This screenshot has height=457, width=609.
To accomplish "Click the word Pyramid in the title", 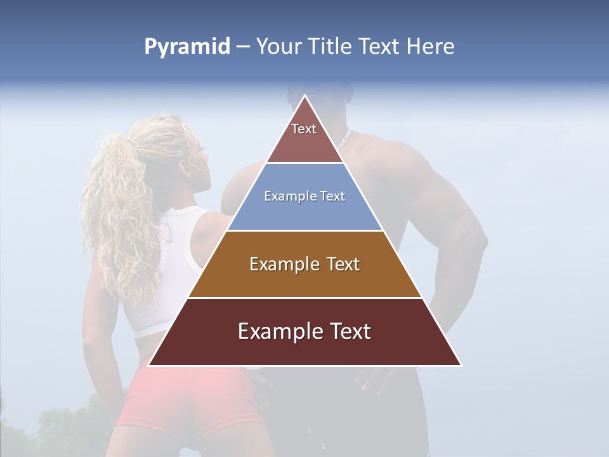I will (187, 47).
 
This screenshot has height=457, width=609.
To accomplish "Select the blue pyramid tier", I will (304, 197).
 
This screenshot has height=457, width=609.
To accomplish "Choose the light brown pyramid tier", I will (304, 264).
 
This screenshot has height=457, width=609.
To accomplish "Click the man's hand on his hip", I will (374, 381).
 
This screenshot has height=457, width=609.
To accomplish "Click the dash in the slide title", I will (243, 47).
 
